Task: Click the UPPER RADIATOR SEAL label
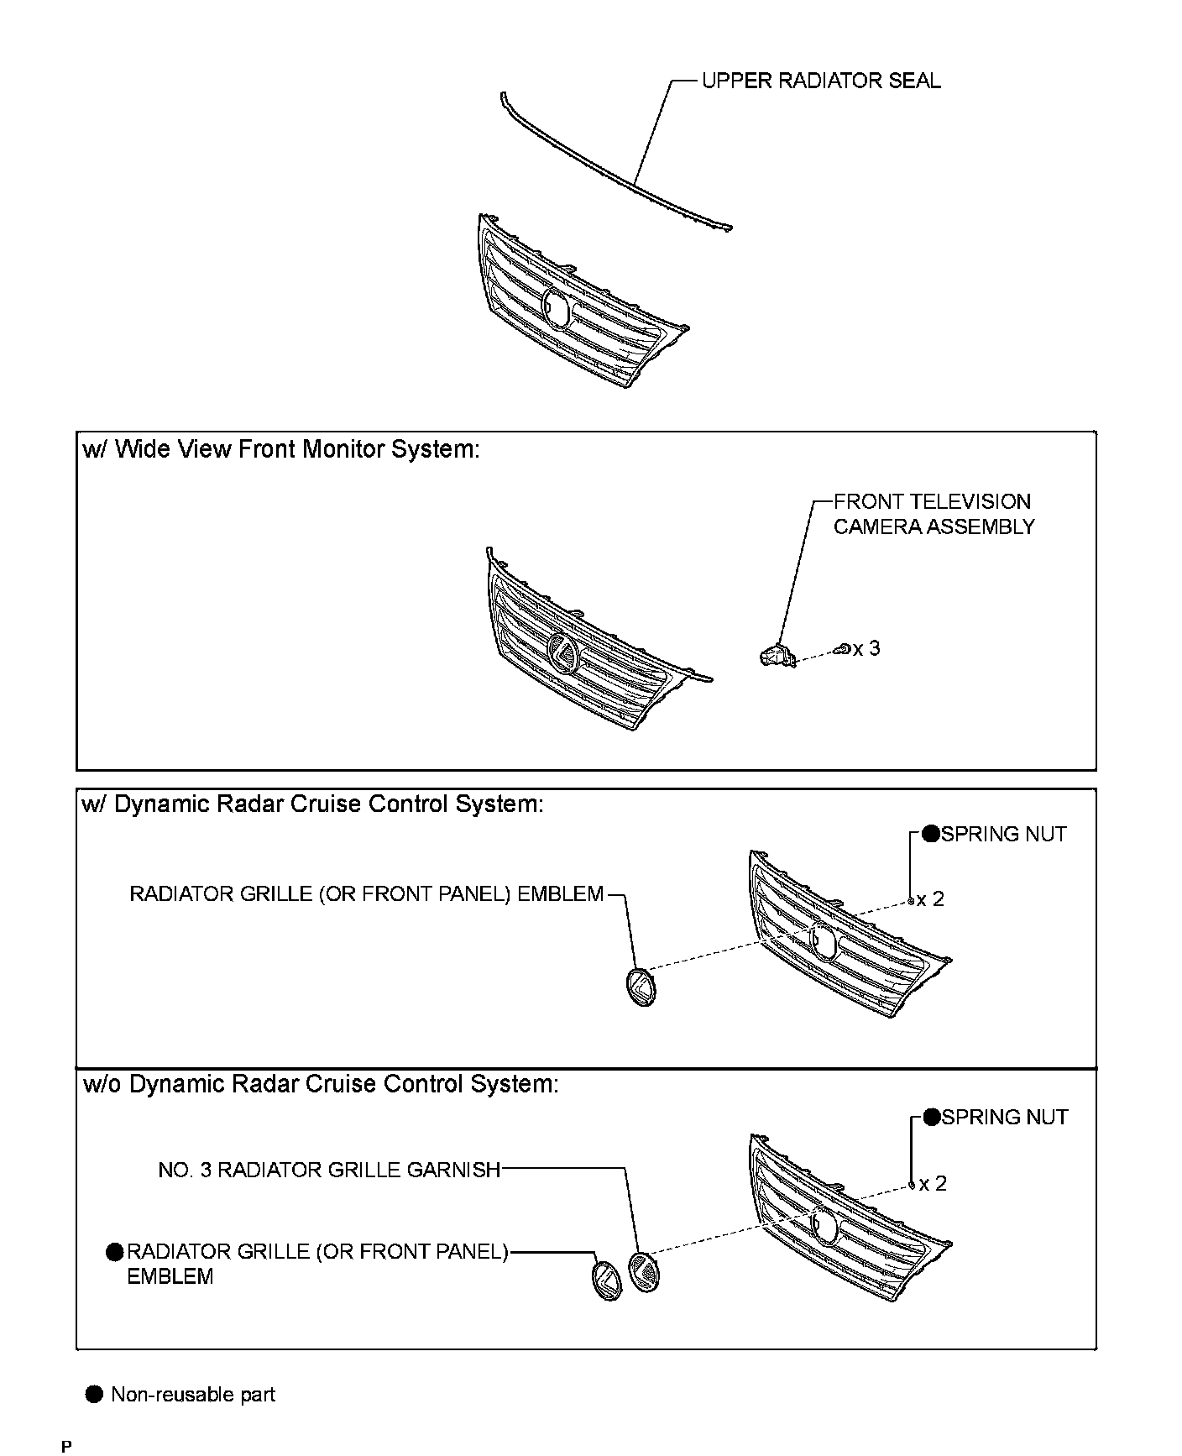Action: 820,81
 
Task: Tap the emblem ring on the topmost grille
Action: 556,308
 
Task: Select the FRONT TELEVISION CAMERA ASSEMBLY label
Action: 934,514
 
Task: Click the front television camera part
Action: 776,654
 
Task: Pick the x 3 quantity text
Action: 867,648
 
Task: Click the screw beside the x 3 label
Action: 842,649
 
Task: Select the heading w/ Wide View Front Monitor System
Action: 281,450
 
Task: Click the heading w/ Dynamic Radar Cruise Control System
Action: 312,804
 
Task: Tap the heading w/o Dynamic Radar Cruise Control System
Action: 321,1084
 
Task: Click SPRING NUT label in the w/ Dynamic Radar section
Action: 1003,835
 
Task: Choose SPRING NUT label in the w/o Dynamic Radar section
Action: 1004,1118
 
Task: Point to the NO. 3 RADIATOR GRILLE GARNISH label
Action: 329,1170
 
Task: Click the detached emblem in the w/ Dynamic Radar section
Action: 641,987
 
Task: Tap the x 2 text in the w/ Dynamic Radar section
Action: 930,899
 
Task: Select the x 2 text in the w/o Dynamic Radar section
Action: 933,1184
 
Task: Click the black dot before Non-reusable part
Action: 94,1395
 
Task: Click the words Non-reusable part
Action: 193,1395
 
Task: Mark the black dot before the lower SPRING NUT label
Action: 931,1118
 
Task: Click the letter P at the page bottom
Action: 66,1446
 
